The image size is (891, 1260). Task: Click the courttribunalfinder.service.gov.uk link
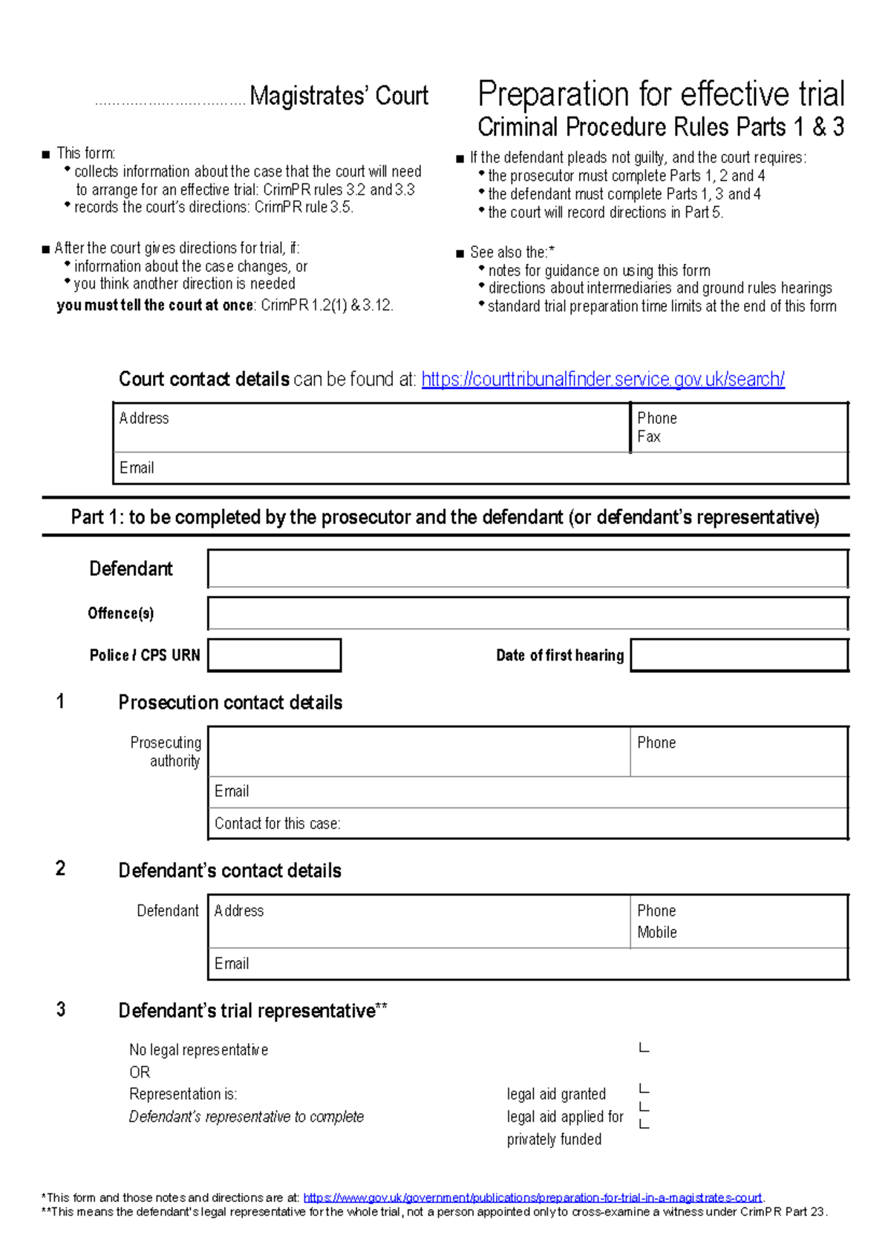pyautogui.click(x=602, y=379)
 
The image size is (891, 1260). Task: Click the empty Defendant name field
pyautogui.click(x=527, y=569)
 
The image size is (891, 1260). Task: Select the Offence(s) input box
pyautogui.click(x=527, y=614)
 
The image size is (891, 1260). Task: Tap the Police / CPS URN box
pyautogui.click(x=274, y=655)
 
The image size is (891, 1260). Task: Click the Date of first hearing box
pyautogui.click(x=739, y=655)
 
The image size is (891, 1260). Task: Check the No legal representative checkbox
pyautogui.click(x=644, y=1048)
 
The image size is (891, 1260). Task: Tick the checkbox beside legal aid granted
pyautogui.click(x=644, y=1089)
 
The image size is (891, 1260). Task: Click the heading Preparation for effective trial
pyautogui.click(x=661, y=95)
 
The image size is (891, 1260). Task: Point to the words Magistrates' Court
pyautogui.click(x=339, y=96)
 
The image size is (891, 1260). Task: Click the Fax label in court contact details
pyautogui.click(x=648, y=437)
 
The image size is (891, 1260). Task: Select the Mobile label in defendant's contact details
pyautogui.click(x=656, y=933)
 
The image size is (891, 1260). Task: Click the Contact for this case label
pyautogui.click(x=277, y=824)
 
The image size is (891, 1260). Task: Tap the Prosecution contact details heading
pyautogui.click(x=230, y=703)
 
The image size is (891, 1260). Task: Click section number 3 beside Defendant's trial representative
pyautogui.click(x=61, y=1009)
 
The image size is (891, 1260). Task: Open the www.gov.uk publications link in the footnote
pyautogui.click(x=532, y=1198)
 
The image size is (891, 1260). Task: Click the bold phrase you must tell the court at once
pyautogui.click(x=155, y=306)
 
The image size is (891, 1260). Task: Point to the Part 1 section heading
pyautogui.click(x=445, y=517)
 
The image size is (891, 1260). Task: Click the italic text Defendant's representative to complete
pyautogui.click(x=246, y=1117)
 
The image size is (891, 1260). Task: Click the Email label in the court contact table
pyautogui.click(x=137, y=468)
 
